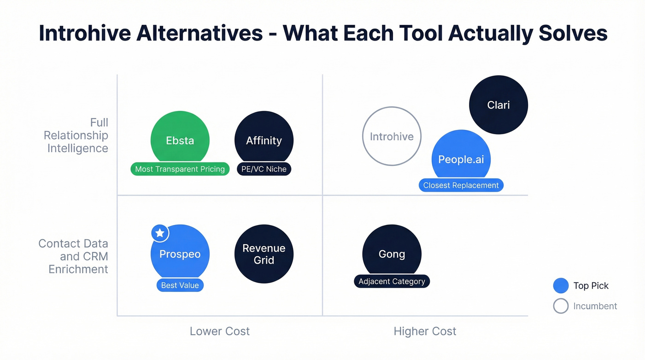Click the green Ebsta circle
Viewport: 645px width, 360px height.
[180, 138]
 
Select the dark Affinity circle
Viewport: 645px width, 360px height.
[264, 138]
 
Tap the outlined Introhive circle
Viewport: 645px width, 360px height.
[392, 136]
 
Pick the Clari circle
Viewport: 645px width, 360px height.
[498, 105]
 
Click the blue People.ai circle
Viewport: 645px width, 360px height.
[461, 157]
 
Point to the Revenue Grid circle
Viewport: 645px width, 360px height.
[264, 254]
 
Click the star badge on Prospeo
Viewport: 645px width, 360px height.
[160, 233]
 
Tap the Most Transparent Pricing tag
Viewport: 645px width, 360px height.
[180, 169]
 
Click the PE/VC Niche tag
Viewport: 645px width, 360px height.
[264, 169]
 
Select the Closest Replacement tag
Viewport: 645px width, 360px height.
[461, 185]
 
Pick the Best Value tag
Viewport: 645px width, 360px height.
[180, 285]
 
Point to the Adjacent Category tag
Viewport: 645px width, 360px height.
[392, 281]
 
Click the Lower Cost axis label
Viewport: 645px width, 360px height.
[220, 331]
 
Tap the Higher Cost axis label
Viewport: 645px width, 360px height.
[425, 331]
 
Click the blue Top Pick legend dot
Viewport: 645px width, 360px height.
[561, 286]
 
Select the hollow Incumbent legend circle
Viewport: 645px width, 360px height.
[561, 306]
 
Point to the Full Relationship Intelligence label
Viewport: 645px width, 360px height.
[76, 136]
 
